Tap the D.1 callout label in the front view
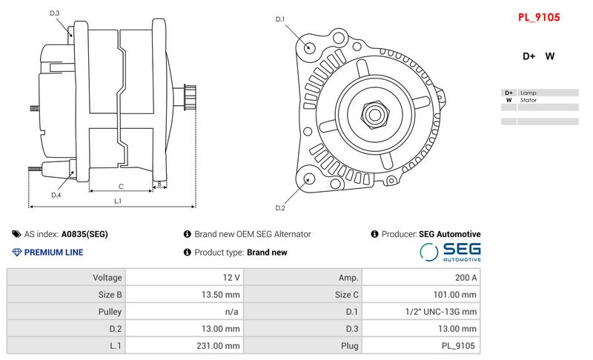pyautogui.click(x=280, y=19)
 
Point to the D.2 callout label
pyautogui.click(x=280, y=207)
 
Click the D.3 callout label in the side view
pyautogui.click(x=55, y=13)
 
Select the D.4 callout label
pyautogui.click(x=56, y=195)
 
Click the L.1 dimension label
pyautogui.click(x=118, y=201)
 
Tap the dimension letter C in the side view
pyautogui.click(x=120, y=186)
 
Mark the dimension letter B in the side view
pyautogui.click(x=159, y=184)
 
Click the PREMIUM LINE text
pyautogui.click(x=53, y=253)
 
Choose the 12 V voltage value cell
pyautogui.click(x=184, y=278)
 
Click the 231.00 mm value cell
pyautogui.click(x=184, y=346)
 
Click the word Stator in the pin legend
pyautogui.click(x=529, y=100)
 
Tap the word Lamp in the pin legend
pyautogui.click(x=528, y=93)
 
